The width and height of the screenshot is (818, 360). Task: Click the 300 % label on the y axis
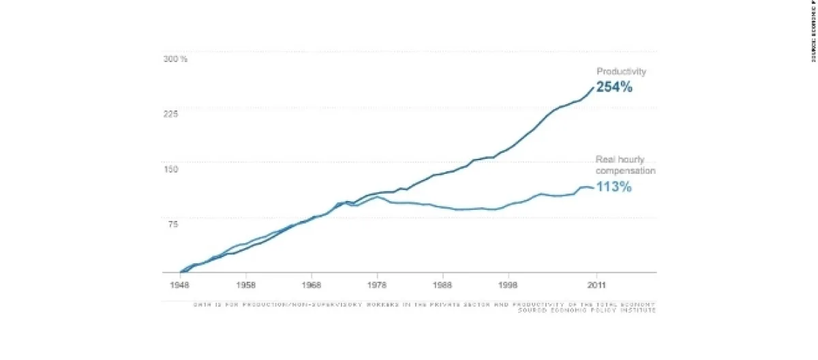point(175,59)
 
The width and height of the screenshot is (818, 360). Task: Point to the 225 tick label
point(170,114)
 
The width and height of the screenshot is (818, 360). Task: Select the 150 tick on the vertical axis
point(170,169)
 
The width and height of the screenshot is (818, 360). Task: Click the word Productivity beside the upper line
point(621,72)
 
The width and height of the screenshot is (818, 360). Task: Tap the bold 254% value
point(614,87)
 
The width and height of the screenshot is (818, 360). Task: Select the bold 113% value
point(614,187)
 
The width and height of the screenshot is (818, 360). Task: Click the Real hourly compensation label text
point(625,166)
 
